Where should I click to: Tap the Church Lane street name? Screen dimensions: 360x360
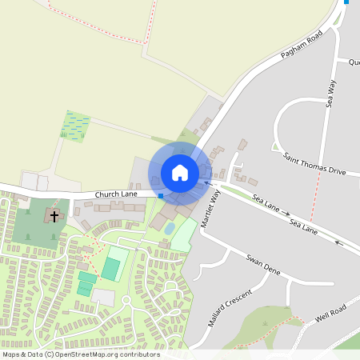coord(116,194)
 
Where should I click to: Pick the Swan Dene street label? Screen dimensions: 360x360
coord(264,266)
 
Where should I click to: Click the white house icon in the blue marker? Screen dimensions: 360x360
coord(180,173)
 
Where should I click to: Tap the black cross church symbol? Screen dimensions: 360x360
coord(54,216)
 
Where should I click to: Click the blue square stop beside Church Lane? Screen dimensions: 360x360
coord(161,195)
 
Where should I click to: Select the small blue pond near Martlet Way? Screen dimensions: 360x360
coord(170,228)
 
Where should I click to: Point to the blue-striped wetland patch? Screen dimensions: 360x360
coord(77,125)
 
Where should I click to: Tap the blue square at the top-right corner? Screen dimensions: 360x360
coord(346,2)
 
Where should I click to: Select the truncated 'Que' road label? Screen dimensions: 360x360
coord(354,62)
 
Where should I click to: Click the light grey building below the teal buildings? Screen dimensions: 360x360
coord(102,297)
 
